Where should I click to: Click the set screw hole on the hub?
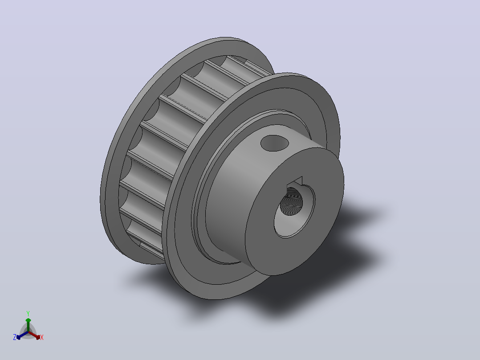275,143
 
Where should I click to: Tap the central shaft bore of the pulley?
291,201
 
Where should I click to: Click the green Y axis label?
28,313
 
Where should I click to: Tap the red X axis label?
42,337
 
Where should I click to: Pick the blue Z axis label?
15,337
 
